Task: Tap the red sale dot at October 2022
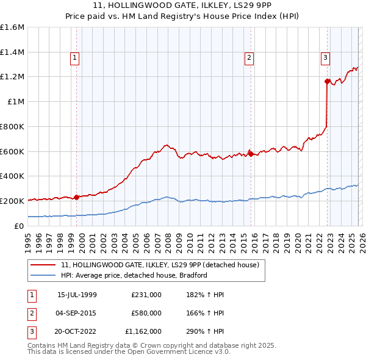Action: pos(328,81)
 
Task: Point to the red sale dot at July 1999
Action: pos(77,197)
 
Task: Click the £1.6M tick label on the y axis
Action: pos(12,27)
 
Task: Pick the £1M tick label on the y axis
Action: pos(16,102)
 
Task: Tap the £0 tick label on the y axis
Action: pos(20,226)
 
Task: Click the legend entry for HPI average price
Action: pos(134,275)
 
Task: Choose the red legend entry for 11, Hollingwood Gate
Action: pos(160,265)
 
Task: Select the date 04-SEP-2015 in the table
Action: pos(77,313)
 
